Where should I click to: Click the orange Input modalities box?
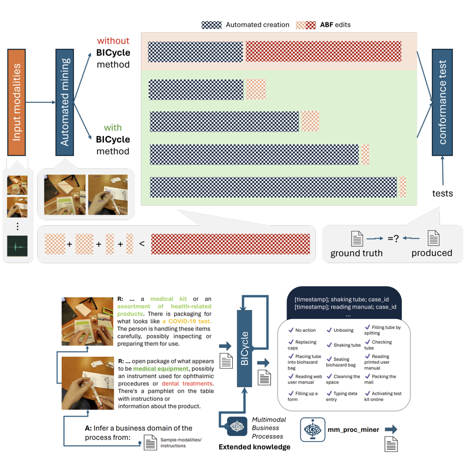(x=16, y=102)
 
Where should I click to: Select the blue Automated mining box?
(x=65, y=102)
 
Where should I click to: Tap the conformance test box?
(x=442, y=102)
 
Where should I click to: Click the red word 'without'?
(x=113, y=41)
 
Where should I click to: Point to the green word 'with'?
(x=113, y=128)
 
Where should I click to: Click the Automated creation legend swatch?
(x=212, y=25)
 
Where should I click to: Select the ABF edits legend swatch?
(x=306, y=25)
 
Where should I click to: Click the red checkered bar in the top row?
(x=324, y=52)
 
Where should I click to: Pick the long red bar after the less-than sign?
(x=231, y=244)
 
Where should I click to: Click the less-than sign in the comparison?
(x=142, y=244)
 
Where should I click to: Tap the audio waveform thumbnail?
(x=17, y=246)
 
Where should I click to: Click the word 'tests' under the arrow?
(x=443, y=194)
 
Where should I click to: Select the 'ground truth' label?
(x=356, y=253)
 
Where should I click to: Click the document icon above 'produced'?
(x=433, y=238)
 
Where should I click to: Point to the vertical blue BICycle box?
(x=244, y=349)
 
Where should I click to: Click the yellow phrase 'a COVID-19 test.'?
(x=187, y=321)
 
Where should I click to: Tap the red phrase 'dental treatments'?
(x=187, y=383)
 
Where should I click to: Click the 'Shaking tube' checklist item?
(x=344, y=345)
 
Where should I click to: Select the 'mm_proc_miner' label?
(x=353, y=430)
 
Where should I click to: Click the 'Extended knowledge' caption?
(x=254, y=447)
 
